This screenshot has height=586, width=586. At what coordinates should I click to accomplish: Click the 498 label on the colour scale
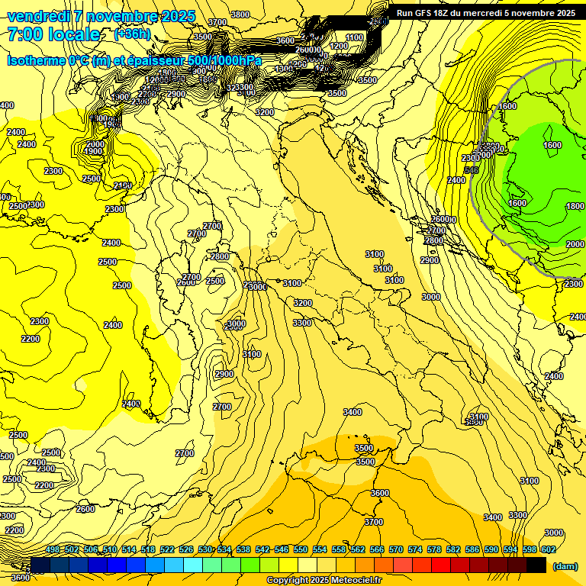[53, 549]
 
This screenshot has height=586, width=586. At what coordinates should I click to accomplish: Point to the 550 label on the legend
[301, 549]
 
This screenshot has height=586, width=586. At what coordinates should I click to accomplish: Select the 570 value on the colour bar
[396, 549]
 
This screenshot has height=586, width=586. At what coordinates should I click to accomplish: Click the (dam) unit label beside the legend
[565, 566]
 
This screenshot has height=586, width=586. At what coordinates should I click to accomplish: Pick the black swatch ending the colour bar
[536, 565]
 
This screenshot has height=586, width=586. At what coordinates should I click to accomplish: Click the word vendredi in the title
[38, 16]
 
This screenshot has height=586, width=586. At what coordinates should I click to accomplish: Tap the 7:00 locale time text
[53, 35]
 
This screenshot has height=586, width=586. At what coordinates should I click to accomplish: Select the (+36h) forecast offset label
[132, 35]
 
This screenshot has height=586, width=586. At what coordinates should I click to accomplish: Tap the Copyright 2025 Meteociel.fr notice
[324, 581]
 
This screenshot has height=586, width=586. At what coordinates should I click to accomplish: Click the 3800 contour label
[240, 14]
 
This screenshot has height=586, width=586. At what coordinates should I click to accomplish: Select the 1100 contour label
[355, 37]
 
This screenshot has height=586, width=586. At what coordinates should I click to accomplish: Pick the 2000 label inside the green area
[575, 244]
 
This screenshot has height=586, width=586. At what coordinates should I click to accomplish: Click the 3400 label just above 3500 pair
[353, 412]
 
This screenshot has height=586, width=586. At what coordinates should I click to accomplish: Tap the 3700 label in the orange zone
[374, 522]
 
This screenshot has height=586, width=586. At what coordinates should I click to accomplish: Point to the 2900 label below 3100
[224, 374]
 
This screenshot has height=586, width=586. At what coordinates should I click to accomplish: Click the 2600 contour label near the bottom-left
[85, 509]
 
